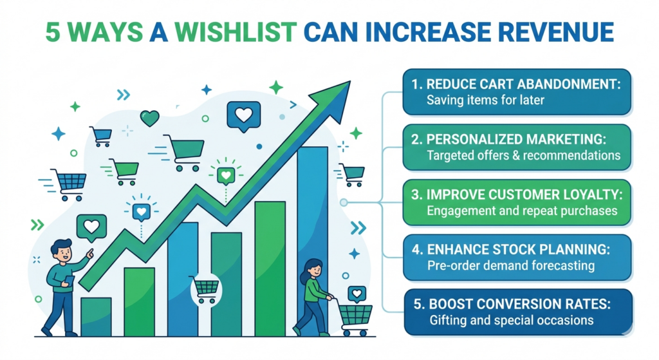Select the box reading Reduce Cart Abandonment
tap(517, 92)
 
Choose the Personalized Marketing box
tap(517, 147)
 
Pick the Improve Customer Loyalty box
tap(517, 202)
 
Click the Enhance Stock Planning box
tap(517, 258)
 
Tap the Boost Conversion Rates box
tap(517, 312)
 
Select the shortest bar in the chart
tap(96, 316)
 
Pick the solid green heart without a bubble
tap(150, 118)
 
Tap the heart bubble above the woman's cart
tap(357, 294)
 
